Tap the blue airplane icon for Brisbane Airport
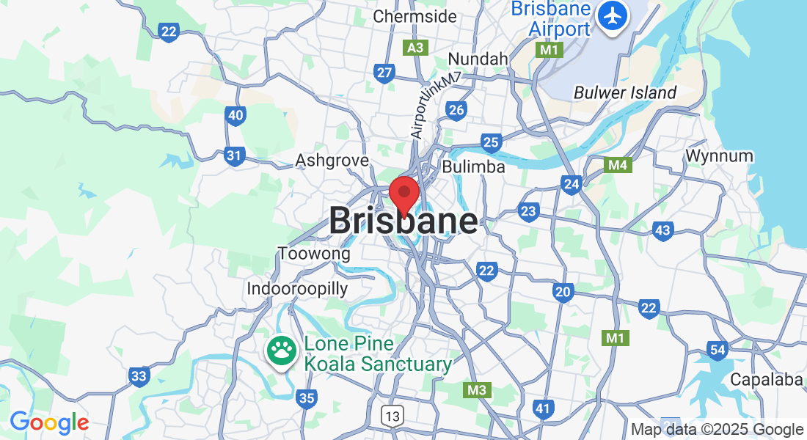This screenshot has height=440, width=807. [612, 15]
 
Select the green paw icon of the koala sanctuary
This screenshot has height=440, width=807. [280, 352]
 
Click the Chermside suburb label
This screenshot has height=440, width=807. [415, 16]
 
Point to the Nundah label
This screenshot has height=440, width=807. [478, 59]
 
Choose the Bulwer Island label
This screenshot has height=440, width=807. [625, 93]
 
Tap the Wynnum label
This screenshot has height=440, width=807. [719, 156]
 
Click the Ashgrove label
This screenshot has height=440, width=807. [332, 161]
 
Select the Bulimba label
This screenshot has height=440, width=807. [473, 167]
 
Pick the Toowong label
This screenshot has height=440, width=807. [314, 254]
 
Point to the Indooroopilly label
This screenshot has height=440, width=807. [297, 288]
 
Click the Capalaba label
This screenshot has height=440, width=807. [767, 380]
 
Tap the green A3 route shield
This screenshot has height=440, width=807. [416, 48]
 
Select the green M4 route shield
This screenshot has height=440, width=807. [617, 166]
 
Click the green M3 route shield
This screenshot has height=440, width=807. [477, 390]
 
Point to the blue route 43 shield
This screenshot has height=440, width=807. [662, 231]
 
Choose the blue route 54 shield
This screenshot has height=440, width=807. [717, 351]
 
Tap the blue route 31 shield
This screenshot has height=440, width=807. [234, 155]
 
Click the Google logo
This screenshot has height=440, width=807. [49, 422]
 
